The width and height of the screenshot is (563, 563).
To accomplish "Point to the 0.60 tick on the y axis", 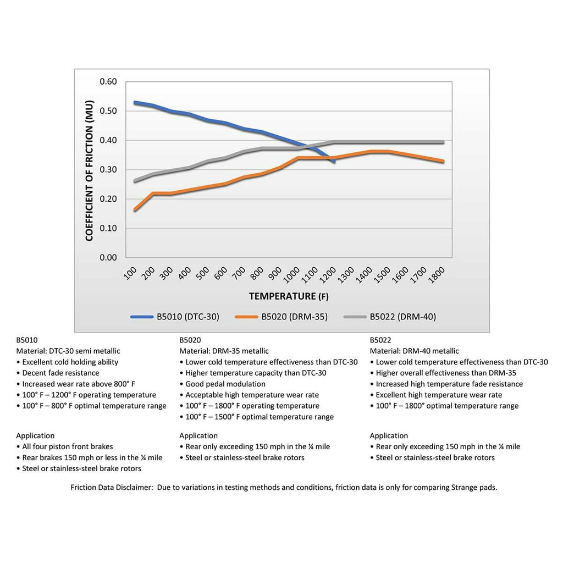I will point(108,82).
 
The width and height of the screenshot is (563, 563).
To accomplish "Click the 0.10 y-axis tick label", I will point(108,228).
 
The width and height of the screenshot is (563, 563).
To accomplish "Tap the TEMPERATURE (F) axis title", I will point(289,296).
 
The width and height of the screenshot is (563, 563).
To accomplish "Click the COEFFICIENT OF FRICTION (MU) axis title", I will point(90,170).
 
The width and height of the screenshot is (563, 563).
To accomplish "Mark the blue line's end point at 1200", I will point(334,161).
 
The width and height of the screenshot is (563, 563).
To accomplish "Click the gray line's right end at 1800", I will point(443,142).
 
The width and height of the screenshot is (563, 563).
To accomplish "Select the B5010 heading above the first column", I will point(27,340).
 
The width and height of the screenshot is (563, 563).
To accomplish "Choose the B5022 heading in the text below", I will point(380,340).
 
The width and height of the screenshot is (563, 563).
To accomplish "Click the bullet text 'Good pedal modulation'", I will point(225,384).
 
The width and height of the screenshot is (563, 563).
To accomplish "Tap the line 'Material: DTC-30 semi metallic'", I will point(68,351).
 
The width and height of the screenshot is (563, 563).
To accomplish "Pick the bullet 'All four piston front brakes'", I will point(68,446).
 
